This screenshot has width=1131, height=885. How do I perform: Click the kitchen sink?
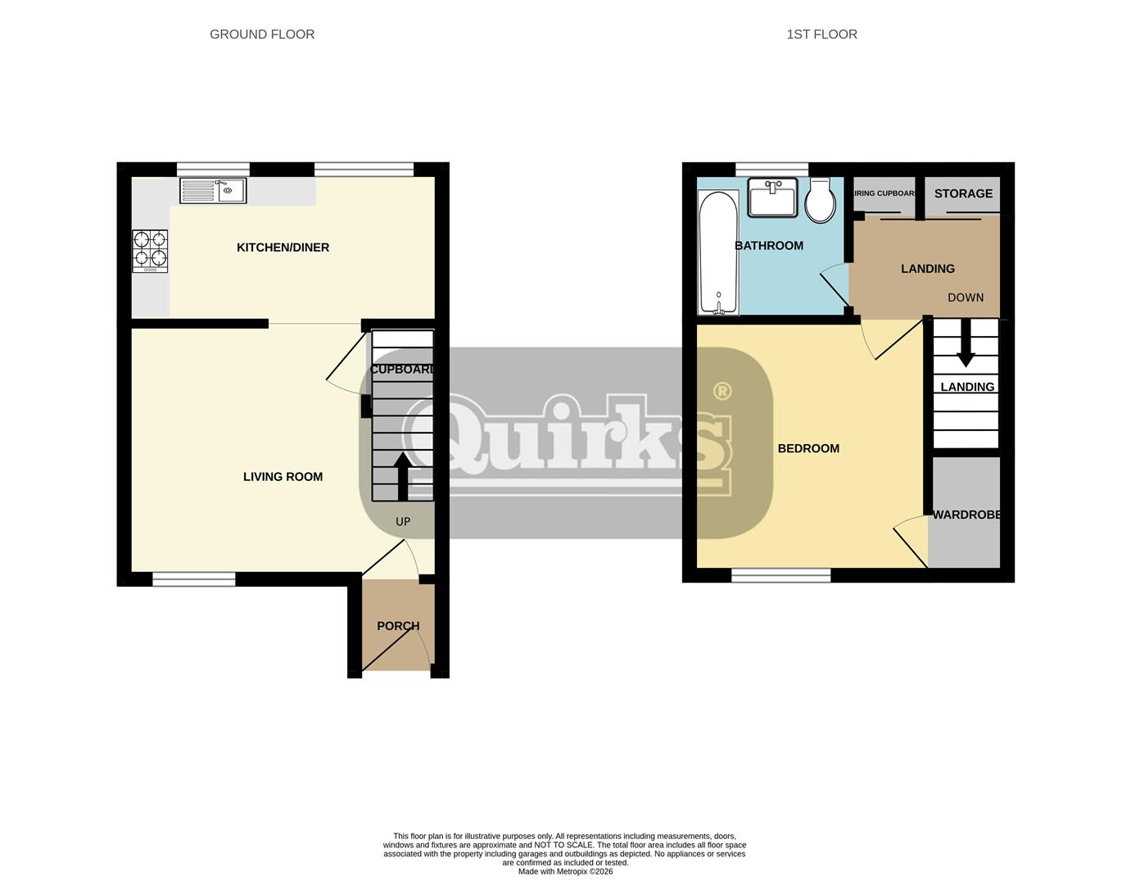[x=213, y=191]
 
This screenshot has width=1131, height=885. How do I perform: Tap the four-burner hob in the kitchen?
[x=151, y=251]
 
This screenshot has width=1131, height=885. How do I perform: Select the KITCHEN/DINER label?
[x=283, y=247]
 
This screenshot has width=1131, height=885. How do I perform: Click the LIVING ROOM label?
[x=283, y=477]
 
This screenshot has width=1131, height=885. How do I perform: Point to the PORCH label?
[x=398, y=626]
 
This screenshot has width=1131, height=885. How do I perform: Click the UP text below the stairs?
[x=403, y=521]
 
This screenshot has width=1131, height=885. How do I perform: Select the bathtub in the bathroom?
[x=718, y=252]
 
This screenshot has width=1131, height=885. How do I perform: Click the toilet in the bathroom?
[x=820, y=201]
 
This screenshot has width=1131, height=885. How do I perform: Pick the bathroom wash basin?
[x=772, y=197]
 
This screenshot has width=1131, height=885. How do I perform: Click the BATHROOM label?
[x=769, y=246]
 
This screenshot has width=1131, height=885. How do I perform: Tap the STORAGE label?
[x=963, y=193]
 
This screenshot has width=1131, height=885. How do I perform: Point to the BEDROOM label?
[x=808, y=448]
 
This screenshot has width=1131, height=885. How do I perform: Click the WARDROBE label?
[x=966, y=515]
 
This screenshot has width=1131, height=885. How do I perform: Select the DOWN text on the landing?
[x=966, y=297]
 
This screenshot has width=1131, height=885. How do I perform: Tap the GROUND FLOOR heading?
[x=262, y=34]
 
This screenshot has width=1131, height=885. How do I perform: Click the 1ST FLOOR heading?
[x=821, y=34]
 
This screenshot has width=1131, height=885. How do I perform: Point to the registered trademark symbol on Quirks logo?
[x=722, y=391]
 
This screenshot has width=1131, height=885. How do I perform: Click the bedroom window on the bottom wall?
[x=780, y=576]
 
